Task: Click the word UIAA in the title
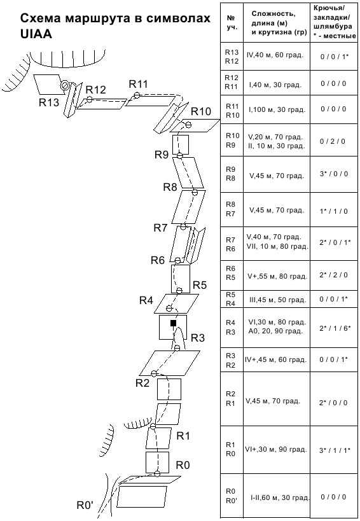coord(36,34)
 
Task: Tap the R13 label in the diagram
coord(49,102)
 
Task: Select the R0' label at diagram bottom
coord(85,505)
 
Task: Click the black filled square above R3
coord(173,323)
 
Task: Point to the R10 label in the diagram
coord(201,112)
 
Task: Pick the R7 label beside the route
coord(160,228)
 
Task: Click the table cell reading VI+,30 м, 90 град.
coord(276,450)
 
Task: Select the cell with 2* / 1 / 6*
coord(335,328)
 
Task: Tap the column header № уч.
coord(232,23)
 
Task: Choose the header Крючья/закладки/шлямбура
coord(335,23)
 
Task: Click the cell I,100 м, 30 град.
coord(277,109)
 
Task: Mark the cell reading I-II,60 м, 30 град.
coord(280,497)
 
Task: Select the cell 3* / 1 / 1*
coord(335,450)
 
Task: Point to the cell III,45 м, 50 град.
coord(278,300)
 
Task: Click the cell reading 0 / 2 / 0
coord(333,142)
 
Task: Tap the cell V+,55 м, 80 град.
coord(277,276)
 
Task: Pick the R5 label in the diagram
coord(200,285)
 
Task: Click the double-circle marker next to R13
coord(64,85)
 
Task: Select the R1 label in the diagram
coord(183,436)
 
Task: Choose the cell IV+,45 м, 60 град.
coord(275,359)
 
